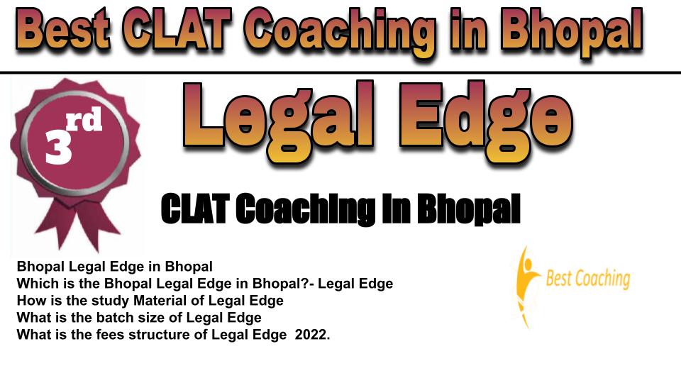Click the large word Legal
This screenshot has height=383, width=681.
278,121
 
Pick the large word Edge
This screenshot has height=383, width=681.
486,121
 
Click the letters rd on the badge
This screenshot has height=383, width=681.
84,120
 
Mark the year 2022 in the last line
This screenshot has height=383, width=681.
312,335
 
